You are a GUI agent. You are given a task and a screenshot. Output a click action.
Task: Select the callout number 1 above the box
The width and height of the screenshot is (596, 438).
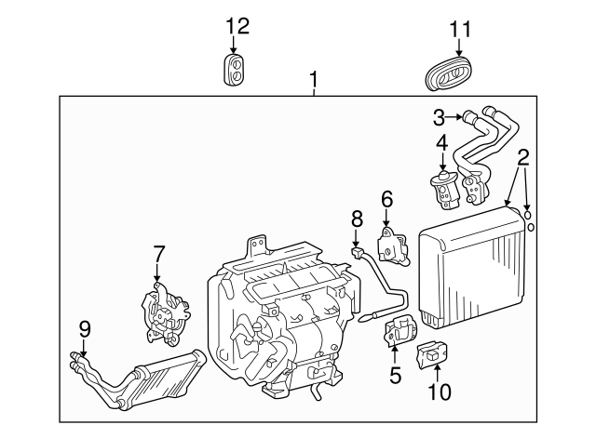pyautogui.click(x=314, y=84)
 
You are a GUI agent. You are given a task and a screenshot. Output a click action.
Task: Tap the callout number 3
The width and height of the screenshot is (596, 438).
pyautogui.click(x=440, y=117)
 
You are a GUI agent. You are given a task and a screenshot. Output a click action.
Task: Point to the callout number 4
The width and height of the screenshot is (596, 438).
pyautogui.click(x=441, y=144)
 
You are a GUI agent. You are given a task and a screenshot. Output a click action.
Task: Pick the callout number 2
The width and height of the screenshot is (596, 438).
pyautogui.click(x=523, y=155)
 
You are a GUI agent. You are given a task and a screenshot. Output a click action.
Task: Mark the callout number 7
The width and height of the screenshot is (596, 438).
pyautogui.click(x=157, y=252)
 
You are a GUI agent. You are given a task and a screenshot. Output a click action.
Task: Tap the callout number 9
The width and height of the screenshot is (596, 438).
pyautogui.click(x=84, y=326)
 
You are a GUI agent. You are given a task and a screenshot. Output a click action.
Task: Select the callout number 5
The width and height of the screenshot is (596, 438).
pyautogui.click(x=395, y=376)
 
